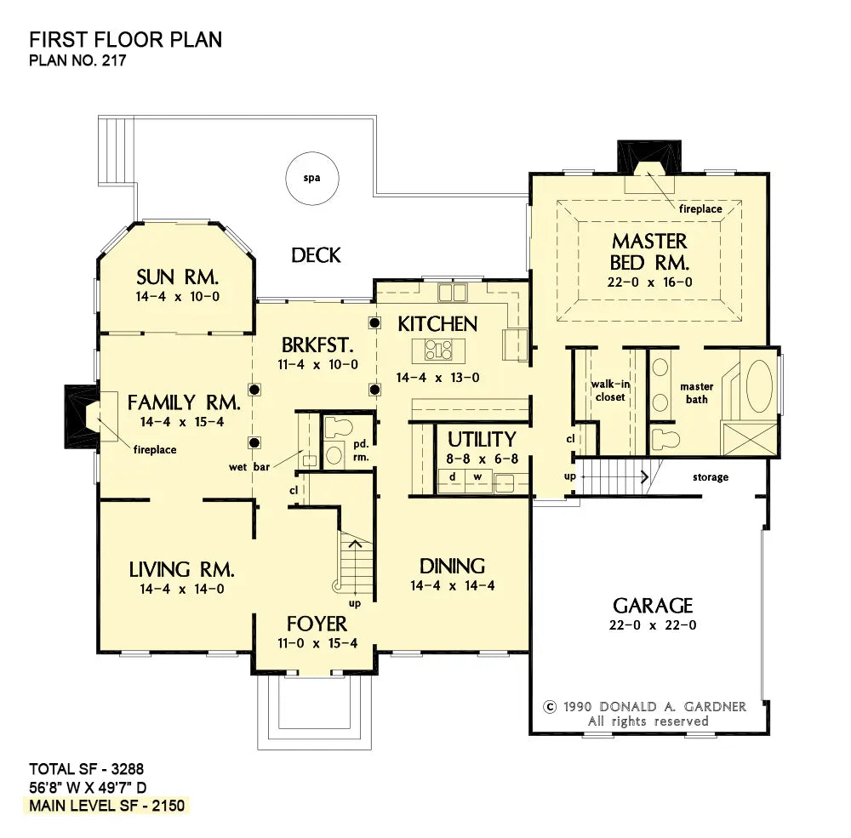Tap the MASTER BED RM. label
tap(649, 252)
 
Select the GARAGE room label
tap(653, 605)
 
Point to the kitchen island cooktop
tap(438, 350)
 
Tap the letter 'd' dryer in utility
tap(452, 476)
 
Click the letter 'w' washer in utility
tap(477, 476)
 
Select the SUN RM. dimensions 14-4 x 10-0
tap(178, 296)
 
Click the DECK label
tap(316, 255)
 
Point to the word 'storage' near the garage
tap(711, 477)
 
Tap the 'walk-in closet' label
tap(610, 390)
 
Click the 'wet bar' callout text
tap(249, 467)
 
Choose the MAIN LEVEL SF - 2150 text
tap(107, 806)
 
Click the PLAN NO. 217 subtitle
tap(77, 60)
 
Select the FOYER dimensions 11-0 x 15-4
tap(317, 643)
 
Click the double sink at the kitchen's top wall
tap(452, 292)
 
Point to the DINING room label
tap(452, 566)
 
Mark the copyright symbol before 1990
tap(550, 707)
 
